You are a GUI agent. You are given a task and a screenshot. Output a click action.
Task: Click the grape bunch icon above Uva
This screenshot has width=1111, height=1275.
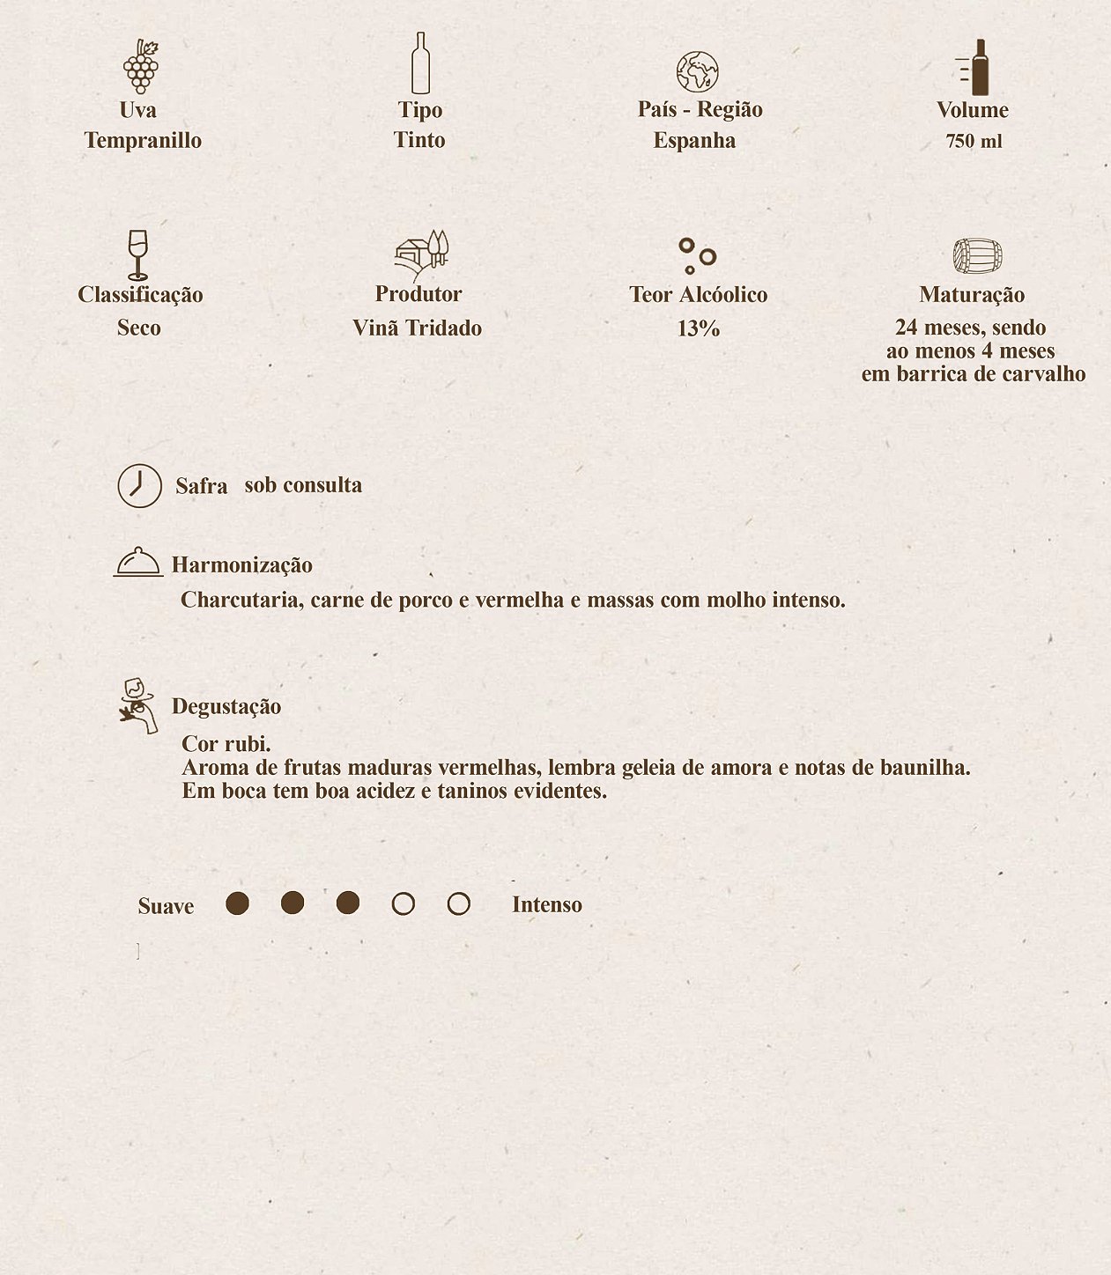(x=140, y=66)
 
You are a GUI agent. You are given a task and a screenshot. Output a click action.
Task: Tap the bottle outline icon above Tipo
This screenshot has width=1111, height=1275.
(x=420, y=63)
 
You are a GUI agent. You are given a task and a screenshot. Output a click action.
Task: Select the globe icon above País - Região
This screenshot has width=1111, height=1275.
(x=697, y=72)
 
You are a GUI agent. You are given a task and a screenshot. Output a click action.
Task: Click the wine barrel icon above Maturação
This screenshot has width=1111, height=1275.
(x=977, y=256)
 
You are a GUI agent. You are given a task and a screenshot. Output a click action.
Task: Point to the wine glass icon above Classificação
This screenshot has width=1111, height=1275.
(x=137, y=254)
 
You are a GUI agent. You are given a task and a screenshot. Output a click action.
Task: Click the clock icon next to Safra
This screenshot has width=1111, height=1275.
(x=140, y=485)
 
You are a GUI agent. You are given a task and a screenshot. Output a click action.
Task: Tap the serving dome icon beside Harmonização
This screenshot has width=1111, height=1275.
(x=138, y=562)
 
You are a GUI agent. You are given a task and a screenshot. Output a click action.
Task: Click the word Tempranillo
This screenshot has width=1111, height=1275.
(x=143, y=141)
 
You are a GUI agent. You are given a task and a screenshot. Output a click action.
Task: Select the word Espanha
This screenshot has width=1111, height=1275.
(x=694, y=141)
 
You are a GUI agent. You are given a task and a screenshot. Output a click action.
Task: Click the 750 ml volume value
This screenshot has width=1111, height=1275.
(x=974, y=142)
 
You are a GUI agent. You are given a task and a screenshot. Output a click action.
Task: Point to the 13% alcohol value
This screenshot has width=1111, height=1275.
(x=699, y=328)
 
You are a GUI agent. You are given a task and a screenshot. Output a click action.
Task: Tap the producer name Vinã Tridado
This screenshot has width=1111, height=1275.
(x=417, y=328)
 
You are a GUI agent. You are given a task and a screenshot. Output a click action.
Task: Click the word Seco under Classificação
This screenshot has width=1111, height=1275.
(x=139, y=328)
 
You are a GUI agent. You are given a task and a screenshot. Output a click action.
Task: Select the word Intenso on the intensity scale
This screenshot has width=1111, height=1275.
(x=547, y=905)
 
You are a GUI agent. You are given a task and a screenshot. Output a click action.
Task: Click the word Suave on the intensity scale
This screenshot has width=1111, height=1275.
(x=166, y=906)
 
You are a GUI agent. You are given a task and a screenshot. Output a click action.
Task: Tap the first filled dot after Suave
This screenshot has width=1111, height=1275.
(x=237, y=903)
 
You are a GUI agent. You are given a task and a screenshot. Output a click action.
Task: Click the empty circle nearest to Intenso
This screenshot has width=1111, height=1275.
(x=458, y=904)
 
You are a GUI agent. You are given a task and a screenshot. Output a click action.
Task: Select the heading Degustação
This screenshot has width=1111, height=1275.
(x=226, y=706)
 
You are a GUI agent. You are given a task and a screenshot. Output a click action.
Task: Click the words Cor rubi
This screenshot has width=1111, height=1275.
(x=226, y=743)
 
